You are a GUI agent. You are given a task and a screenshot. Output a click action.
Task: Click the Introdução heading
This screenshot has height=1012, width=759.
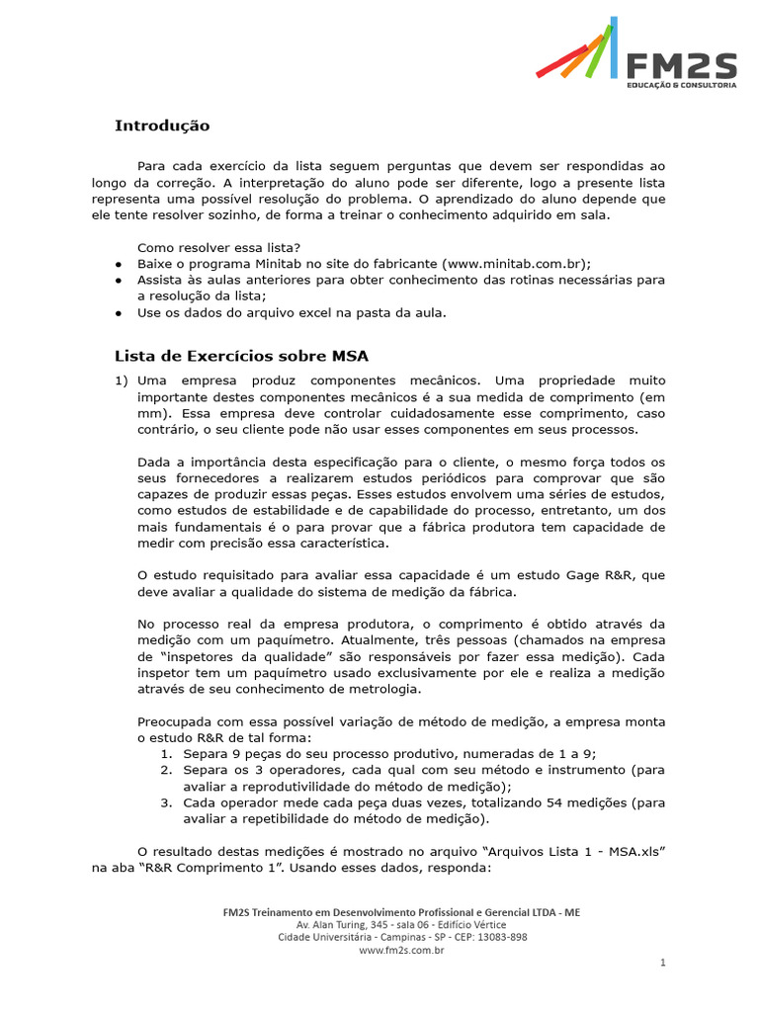pyautogui.click(x=162, y=126)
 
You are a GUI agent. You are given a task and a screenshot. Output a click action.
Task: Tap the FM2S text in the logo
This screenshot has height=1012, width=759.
pyautogui.click(x=682, y=65)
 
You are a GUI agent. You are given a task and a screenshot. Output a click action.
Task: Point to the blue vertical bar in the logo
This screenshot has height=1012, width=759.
pyautogui.click(x=614, y=46)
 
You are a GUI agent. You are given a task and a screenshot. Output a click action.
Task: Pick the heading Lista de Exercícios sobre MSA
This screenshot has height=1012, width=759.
pyautogui.click(x=241, y=356)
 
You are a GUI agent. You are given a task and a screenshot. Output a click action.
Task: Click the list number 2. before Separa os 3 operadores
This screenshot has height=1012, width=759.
pyautogui.click(x=167, y=769)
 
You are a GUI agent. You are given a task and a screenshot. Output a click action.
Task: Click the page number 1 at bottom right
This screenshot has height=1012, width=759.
pyautogui.click(x=663, y=962)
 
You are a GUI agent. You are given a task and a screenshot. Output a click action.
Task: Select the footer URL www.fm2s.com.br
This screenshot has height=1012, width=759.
pyautogui.click(x=400, y=950)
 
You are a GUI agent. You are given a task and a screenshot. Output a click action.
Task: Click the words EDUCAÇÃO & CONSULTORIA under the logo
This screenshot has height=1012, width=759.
pyautogui.click(x=682, y=87)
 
